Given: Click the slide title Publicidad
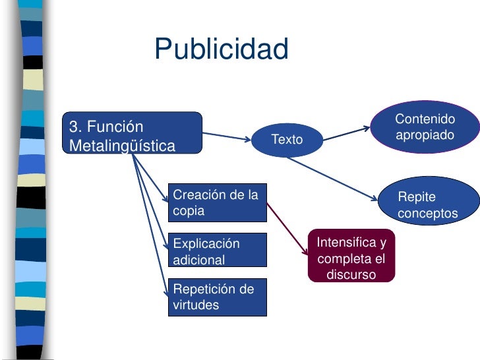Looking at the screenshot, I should tap(222, 49).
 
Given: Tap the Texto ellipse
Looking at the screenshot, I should tap(287, 140).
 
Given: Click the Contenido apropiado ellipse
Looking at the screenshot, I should tap(426, 127).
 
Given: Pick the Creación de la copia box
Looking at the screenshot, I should tap(218, 202).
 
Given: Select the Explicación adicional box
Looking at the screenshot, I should tap(218, 250).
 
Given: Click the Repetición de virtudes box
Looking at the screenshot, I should tap(218, 297).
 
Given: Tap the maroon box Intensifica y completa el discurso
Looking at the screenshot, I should tap(351, 256).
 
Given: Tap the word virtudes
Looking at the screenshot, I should tap(196, 305).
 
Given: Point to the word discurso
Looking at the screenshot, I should tap(351, 274).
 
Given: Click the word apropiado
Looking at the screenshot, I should tap(425, 135).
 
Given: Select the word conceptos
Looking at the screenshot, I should tap(428, 214).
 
